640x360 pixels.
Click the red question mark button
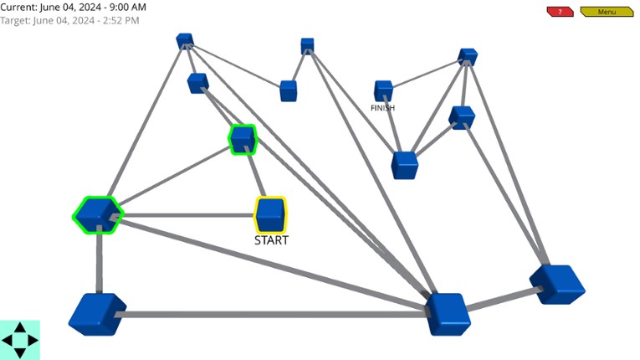click(x=560, y=12)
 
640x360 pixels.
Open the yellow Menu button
click(x=606, y=12)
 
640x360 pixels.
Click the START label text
click(x=271, y=240)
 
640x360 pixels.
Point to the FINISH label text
click(x=382, y=108)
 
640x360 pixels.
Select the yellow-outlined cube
click(x=270, y=214)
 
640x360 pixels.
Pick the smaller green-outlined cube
click(x=242, y=139)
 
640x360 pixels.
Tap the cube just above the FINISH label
click(x=383, y=90)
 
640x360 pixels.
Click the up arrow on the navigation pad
click(x=20, y=329)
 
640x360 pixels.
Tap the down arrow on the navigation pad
click(x=20, y=352)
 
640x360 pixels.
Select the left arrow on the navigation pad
click(x=8, y=341)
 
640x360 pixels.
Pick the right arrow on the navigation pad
click(x=33, y=341)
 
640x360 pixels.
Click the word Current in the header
click(x=19, y=7)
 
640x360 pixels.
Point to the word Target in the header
click(x=16, y=19)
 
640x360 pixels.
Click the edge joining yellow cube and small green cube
click(x=256, y=177)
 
